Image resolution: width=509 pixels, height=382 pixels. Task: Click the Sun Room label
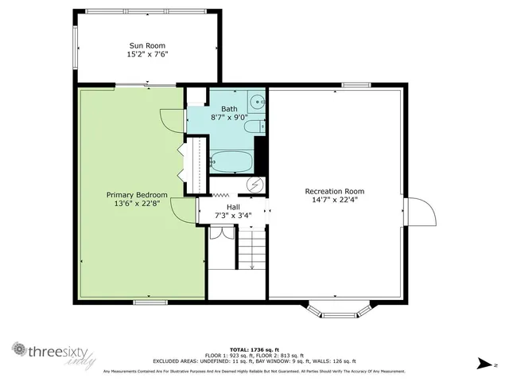(x=149, y=45)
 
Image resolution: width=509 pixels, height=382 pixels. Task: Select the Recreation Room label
(x=334, y=190)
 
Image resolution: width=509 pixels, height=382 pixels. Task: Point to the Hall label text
(x=233, y=206)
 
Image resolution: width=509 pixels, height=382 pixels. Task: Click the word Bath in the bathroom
(x=229, y=108)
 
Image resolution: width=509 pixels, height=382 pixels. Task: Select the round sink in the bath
(x=258, y=102)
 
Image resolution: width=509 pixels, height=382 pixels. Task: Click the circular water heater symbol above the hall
(x=254, y=185)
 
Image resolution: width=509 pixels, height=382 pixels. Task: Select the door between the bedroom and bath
(x=171, y=120)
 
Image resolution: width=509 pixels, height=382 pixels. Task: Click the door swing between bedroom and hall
(x=185, y=211)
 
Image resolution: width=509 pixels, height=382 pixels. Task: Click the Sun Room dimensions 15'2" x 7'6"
(x=149, y=55)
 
